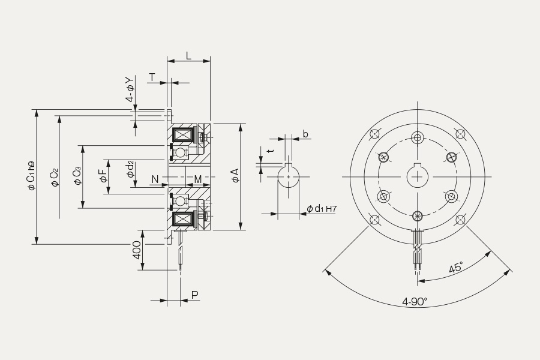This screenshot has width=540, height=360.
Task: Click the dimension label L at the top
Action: [x=188, y=55]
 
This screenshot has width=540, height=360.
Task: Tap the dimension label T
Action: [x=152, y=77]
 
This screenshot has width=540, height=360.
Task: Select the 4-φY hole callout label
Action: [x=130, y=89]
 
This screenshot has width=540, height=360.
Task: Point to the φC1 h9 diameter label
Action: [x=31, y=175]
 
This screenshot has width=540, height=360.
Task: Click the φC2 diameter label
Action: [x=55, y=177]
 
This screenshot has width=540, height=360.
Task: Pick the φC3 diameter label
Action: [x=77, y=176]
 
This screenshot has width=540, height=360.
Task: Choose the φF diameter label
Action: [x=103, y=175]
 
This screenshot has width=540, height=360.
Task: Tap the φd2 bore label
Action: [x=130, y=169]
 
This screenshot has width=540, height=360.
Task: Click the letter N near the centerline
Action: [x=155, y=179]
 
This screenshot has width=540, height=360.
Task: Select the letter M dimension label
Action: [x=198, y=179]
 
